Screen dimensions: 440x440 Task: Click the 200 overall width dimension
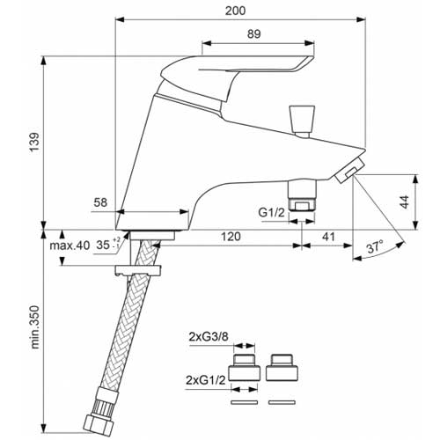236,11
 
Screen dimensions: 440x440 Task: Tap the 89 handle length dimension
254,34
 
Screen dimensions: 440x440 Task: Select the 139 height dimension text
34,142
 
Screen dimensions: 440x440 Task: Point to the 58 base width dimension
100,202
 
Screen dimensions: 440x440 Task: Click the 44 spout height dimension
404,202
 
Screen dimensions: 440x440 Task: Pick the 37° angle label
375,246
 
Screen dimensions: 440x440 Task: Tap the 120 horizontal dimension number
231,237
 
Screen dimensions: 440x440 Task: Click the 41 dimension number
328,237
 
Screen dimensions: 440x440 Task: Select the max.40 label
70,246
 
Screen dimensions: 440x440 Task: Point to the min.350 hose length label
34,327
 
